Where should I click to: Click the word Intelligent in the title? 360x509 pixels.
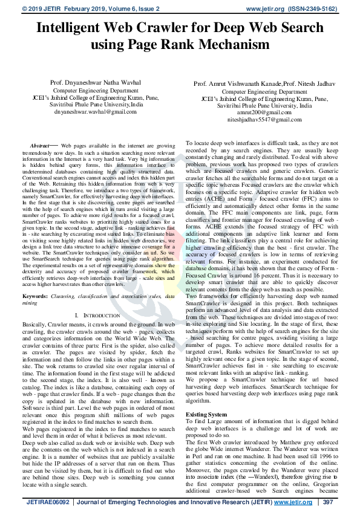coord(67,28)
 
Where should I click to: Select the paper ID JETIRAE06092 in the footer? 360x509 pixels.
coord(45,502)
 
